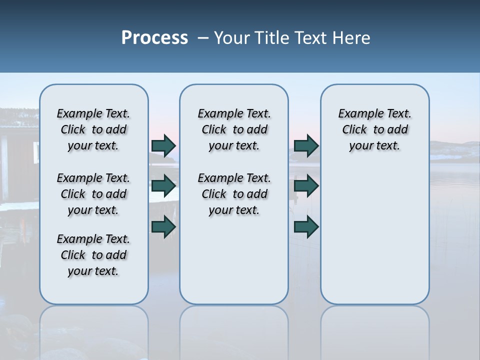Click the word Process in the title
tap(154, 38)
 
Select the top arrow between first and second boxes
tap(163, 146)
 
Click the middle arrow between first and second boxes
tap(163, 186)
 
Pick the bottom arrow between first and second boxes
tap(163, 227)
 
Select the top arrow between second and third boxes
tap(306, 146)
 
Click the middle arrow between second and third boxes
tap(306, 186)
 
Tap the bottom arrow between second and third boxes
tap(306, 227)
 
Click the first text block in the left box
tap(93, 129)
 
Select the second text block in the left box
tap(93, 194)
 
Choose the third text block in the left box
tap(93, 255)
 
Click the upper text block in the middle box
tap(234, 129)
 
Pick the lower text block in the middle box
tap(234, 194)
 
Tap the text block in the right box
tap(374, 129)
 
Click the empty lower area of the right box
tap(374, 235)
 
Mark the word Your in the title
tap(232, 38)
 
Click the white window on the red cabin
tap(36, 151)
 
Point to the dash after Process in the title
tap(202, 38)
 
